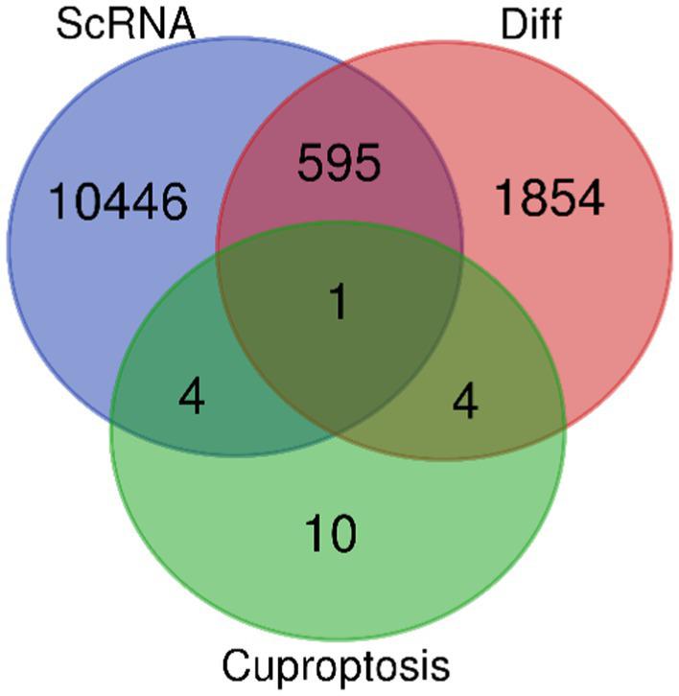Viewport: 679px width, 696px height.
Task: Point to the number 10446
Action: click(x=117, y=201)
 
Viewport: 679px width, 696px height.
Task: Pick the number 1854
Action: click(x=549, y=197)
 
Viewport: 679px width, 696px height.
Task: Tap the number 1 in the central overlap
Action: click(x=338, y=304)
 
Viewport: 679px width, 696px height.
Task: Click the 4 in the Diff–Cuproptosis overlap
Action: click(x=463, y=400)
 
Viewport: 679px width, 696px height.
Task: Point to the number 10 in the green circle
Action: click(x=331, y=529)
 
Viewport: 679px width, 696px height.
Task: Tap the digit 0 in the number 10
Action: click(x=343, y=529)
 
